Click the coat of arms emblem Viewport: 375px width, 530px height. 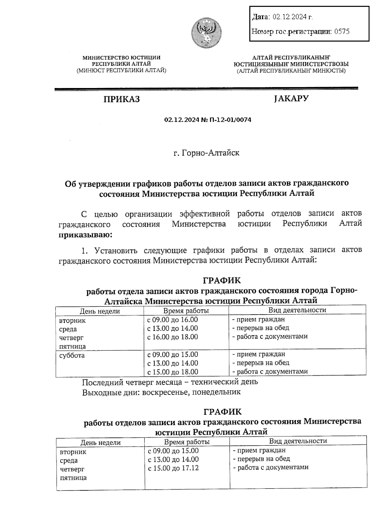[x=206, y=33]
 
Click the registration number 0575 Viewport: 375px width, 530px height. [x=342, y=32]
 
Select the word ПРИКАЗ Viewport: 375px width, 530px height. [x=122, y=99]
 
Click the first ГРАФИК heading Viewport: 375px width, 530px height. [x=222, y=280]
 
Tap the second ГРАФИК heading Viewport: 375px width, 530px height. [x=222, y=412]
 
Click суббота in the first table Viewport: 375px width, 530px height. [x=72, y=356]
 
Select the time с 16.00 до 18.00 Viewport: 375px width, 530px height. [x=172, y=337]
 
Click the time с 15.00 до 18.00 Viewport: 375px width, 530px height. [x=172, y=372]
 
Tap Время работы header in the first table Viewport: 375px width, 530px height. [x=186, y=311]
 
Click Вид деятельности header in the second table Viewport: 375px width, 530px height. [x=298, y=441]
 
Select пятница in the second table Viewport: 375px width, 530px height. [x=73, y=478]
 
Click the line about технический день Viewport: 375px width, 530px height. [x=170, y=382]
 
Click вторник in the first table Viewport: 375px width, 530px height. [x=72, y=321]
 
